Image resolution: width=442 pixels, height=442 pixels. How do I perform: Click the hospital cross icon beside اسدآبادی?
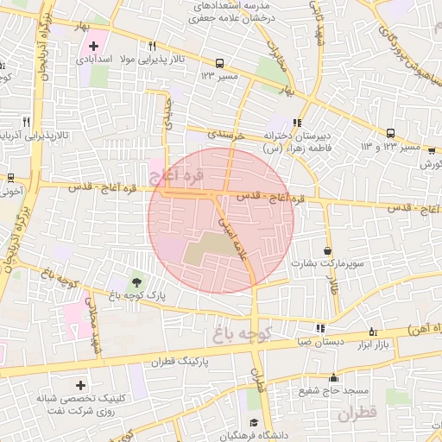point(94,44)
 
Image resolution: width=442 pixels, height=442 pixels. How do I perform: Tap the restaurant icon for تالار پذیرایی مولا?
point(152,46)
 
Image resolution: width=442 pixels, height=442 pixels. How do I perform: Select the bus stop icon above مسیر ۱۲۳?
point(219,63)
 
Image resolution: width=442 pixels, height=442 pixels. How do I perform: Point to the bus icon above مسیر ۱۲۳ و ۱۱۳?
point(390,133)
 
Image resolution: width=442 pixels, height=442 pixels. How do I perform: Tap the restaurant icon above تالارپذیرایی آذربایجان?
point(26,123)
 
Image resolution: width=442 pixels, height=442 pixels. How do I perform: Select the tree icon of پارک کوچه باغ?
point(136,281)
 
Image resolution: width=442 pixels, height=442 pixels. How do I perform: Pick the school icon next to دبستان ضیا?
point(321,328)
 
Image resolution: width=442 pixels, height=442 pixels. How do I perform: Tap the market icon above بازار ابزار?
point(373,331)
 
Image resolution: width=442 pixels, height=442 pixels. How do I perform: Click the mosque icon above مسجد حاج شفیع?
point(334,377)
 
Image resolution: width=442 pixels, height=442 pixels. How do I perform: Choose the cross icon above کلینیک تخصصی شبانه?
point(81,384)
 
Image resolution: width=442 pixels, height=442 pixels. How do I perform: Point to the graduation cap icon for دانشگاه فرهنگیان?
point(255,422)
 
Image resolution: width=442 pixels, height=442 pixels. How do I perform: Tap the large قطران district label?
point(357,415)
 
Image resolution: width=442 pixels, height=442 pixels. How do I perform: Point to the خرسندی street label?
point(225,135)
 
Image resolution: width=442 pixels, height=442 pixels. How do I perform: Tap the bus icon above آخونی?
point(10,178)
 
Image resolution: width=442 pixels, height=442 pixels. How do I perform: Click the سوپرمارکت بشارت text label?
point(332,262)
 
